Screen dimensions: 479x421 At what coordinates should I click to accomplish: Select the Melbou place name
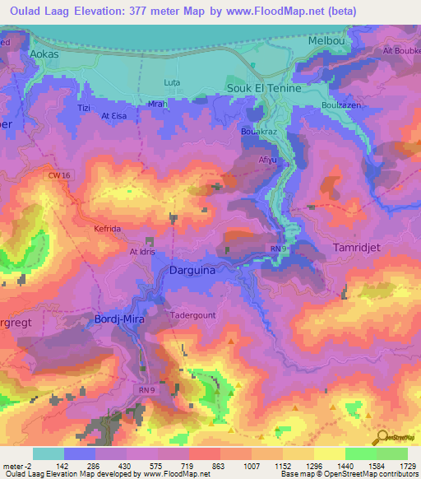click(x=323, y=40)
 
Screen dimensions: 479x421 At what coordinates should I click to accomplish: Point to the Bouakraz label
click(x=257, y=131)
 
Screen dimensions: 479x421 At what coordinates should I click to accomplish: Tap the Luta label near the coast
click(x=172, y=83)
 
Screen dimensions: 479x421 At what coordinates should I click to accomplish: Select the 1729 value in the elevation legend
click(x=407, y=467)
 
